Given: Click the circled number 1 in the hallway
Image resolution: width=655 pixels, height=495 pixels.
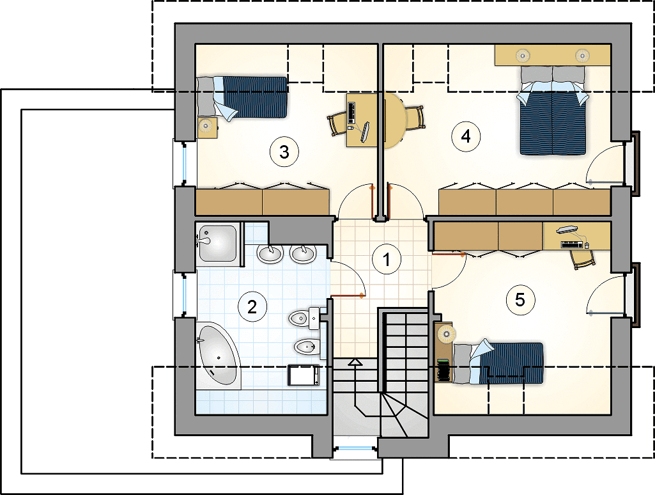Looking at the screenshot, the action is point(387,259).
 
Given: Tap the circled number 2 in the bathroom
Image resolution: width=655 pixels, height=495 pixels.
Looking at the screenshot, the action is point(252,307).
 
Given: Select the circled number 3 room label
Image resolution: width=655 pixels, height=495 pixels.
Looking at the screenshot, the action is point(284,152).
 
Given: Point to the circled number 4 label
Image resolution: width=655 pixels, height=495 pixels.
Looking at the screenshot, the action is point(465,136).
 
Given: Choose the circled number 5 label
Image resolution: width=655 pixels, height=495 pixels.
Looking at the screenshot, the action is point(520,300).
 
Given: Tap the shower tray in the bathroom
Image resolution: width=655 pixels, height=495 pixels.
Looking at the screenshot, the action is point(218,244).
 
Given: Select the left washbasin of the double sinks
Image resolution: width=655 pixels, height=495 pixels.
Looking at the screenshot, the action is point(270,254).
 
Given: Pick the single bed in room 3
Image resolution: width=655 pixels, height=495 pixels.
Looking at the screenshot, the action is point(242,97).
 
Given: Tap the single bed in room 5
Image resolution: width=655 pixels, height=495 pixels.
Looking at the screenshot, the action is point(498,363).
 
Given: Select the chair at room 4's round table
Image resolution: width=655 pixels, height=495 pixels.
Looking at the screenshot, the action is point(415,118).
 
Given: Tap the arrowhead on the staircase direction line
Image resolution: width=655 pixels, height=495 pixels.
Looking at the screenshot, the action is point(355,361).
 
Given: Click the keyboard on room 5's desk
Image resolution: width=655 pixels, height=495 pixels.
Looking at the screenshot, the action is point(571,244).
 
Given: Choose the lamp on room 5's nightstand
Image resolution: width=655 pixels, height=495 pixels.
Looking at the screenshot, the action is point(446,334).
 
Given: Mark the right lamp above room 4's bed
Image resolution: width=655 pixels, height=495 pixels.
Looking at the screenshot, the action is point(582,55).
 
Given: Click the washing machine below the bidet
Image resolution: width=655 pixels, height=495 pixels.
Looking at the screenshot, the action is point(304,375).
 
